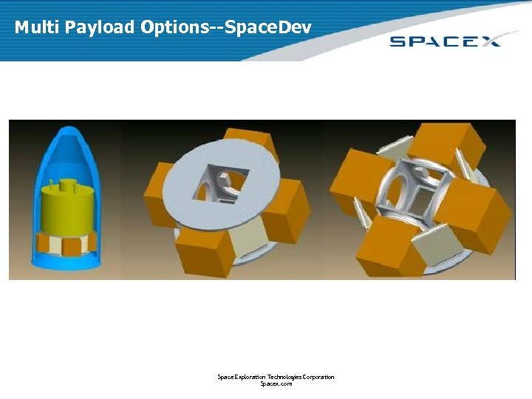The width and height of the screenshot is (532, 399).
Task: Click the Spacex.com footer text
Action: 276,384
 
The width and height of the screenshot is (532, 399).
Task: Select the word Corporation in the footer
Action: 314,377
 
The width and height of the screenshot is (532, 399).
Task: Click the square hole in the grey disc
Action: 217,181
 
